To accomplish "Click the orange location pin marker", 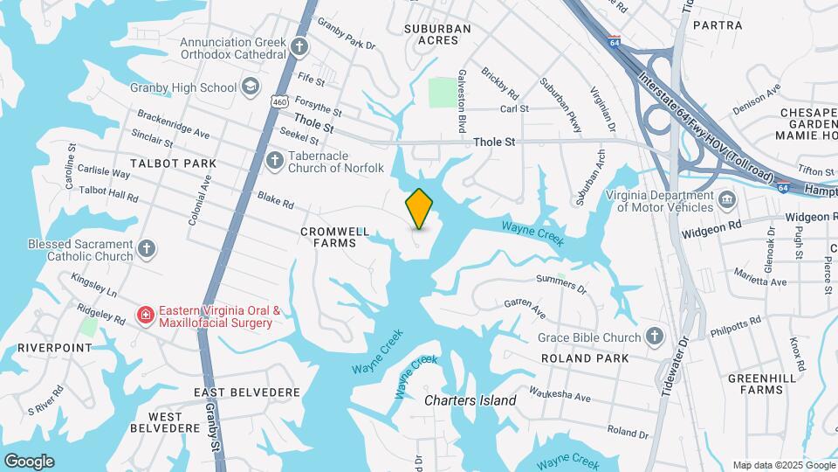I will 419,208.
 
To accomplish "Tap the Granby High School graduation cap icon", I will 251,87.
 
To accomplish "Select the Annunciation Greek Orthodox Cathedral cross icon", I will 299,47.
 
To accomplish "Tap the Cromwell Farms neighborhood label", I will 328,238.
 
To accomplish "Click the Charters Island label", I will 470,400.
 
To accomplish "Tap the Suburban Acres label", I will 437,34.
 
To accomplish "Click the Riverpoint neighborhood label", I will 54,347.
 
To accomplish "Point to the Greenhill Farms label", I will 756,384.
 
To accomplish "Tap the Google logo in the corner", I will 29,462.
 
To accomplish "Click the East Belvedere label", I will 247,393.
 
